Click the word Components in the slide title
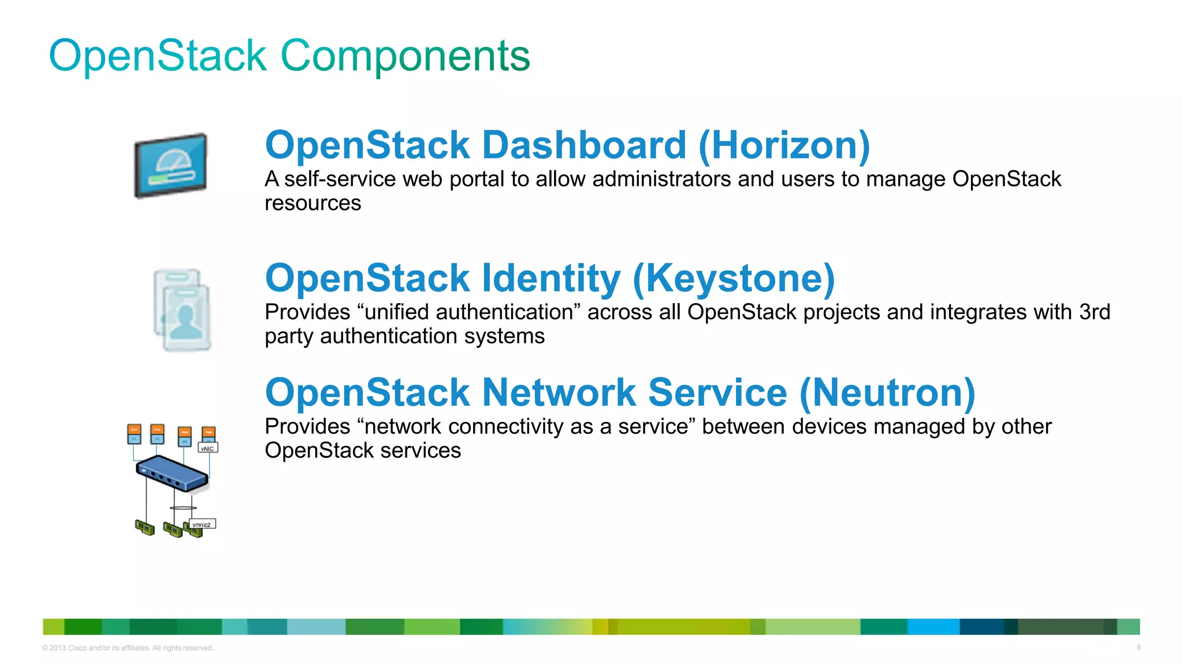405,56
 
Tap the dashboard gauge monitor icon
170,166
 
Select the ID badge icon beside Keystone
183,310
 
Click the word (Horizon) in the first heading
784,145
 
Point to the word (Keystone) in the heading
734,278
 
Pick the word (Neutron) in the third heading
887,393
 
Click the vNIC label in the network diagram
207,448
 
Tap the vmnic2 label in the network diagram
202,524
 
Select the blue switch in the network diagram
172,473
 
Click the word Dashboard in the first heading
584,145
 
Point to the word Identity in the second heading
551,278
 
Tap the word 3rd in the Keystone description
1094,312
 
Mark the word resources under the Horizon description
313,203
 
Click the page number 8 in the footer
1139,647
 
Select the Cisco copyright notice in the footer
128,648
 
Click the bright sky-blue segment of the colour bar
933,626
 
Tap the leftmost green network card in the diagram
144,527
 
